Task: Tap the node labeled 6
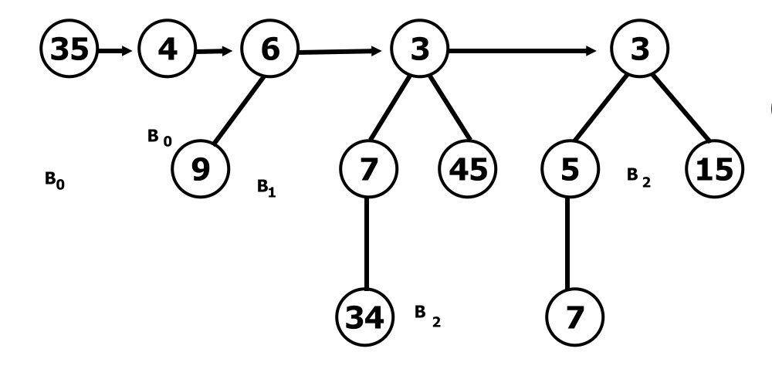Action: pos(269,51)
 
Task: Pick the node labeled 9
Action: pos(201,168)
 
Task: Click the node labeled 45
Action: pos(468,168)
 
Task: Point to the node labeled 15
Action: pos(714,168)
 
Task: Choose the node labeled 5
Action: pos(569,168)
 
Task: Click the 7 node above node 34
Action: pos(368,168)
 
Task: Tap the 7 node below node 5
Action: pos(572,317)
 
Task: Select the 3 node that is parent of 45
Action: pos(419,51)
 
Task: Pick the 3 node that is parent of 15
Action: pos(641,51)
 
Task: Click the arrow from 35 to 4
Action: pos(117,52)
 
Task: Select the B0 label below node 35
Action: pos(54,181)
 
